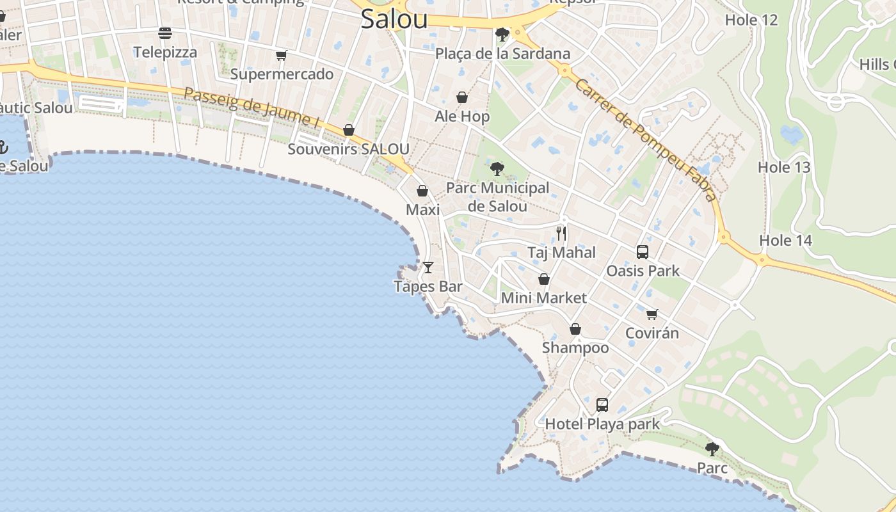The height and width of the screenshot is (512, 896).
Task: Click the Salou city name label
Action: click(x=394, y=19)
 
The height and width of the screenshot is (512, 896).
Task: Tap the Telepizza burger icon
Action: click(x=165, y=33)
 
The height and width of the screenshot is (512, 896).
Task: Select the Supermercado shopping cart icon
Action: click(x=281, y=56)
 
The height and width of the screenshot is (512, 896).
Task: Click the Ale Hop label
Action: click(x=462, y=116)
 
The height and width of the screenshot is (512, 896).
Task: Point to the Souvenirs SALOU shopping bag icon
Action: click(x=349, y=131)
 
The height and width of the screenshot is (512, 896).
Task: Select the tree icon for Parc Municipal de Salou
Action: click(x=497, y=169)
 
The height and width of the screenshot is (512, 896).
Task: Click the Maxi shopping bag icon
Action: click(x=422, y=191)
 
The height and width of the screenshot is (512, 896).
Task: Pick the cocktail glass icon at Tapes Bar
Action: click(x=428, y=267)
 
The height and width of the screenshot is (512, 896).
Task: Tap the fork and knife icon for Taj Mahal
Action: click(x=561, y=233)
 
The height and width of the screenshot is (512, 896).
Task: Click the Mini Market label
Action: click(x=543, y=298)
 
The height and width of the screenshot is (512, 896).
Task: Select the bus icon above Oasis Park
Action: click(x=643, y=252)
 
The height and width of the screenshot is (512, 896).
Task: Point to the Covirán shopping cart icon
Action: click(x=652, y=314)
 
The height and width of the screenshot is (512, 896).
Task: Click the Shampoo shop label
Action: click(x=575, y=348)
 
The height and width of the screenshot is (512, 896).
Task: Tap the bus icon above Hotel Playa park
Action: click(x=602, y=404)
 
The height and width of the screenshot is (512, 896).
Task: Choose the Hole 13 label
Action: click(x=784, y=168)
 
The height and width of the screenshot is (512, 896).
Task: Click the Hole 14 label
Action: click(x=785, y=241)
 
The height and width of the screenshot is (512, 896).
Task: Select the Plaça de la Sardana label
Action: click(x=502, y=54)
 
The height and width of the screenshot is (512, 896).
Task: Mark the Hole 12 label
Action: click(x=751, y=20)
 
